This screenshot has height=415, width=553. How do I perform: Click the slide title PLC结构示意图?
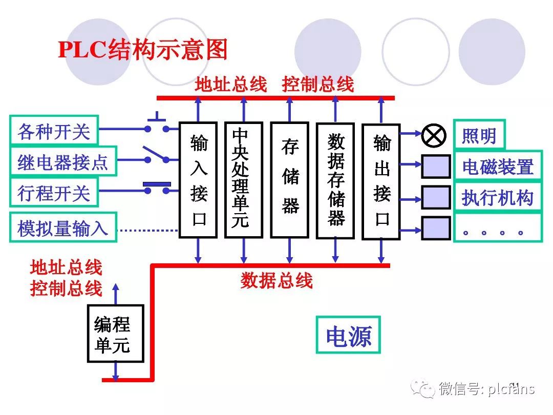[143, 50]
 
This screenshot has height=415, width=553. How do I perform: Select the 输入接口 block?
[199, 180]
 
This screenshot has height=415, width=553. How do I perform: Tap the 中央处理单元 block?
[243, 180]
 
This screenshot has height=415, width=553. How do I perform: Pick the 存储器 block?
[289, 180]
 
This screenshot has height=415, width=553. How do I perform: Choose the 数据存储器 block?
[335, 180]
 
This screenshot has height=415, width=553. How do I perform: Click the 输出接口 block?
[381, 181]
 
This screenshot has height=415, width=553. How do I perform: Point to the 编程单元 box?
[115, 334]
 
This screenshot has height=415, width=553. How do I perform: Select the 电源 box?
[348, 335]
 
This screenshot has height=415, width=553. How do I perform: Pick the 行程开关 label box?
[54, 193]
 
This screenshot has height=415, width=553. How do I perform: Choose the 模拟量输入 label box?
[63, 227]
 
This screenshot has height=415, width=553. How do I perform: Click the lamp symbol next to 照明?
[434, 135]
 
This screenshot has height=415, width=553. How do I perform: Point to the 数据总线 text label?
[276, 280]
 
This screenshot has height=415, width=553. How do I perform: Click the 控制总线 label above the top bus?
[317, 85]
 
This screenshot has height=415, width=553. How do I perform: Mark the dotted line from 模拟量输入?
[148, 230]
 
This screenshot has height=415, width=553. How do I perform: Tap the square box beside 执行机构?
[436, 197]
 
